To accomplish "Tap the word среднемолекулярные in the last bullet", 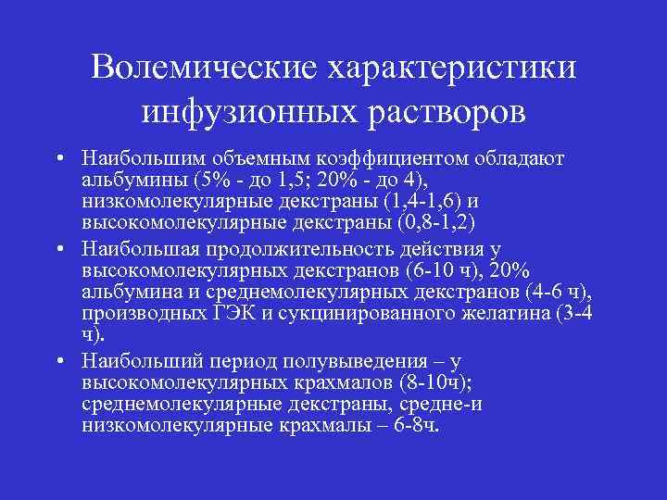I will pyautogui.click(x=176, y=404).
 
